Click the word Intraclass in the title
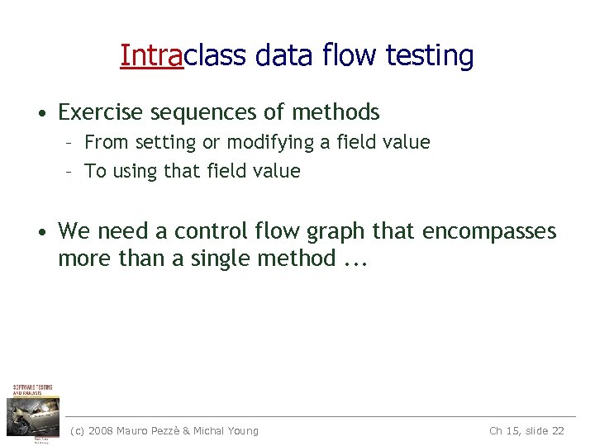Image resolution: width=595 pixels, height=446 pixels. pos(183,55)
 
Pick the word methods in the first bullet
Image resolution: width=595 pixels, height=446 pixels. pos(336,111)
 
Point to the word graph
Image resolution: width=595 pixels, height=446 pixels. pos(336,232)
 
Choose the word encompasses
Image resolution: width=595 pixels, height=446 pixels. pos(489,232)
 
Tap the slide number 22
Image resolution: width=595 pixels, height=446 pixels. pos(556,430)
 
